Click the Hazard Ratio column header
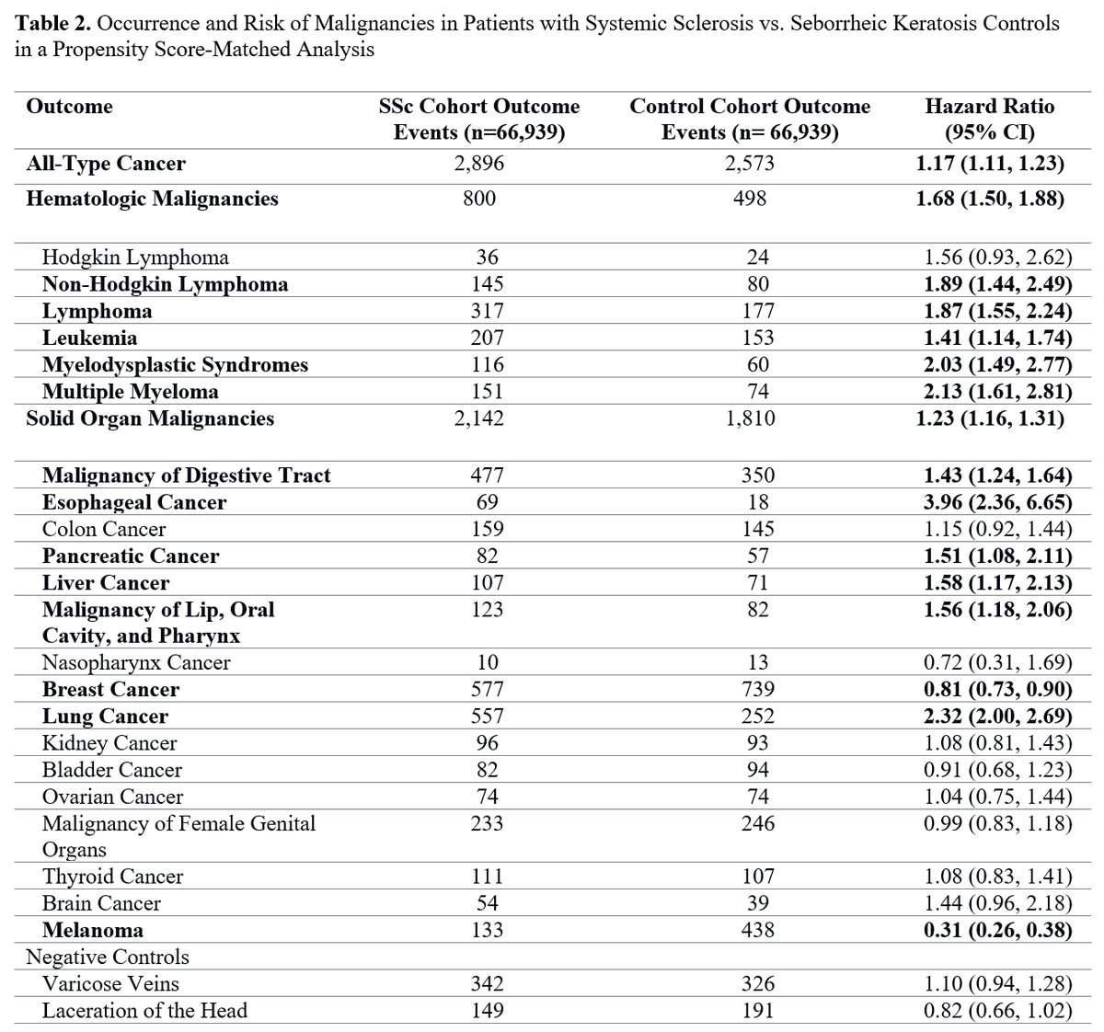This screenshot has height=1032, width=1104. tap(989, 119)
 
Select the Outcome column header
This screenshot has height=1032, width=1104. tap(69, 107)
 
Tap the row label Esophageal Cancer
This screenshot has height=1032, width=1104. tap(134, 502)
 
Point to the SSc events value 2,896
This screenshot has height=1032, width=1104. tap(479, 164)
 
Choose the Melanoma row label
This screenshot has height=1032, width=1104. tap(93, 930)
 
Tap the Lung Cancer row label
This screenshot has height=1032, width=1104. tap(105, 717)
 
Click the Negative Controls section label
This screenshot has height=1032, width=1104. tap(108, 957)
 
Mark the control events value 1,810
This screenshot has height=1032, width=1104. tap(750, 419)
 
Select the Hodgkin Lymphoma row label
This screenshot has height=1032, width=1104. tap(135, 258)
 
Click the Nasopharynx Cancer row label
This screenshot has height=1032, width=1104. tap(136, 662)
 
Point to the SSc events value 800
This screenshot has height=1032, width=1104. tap(479, 199)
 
